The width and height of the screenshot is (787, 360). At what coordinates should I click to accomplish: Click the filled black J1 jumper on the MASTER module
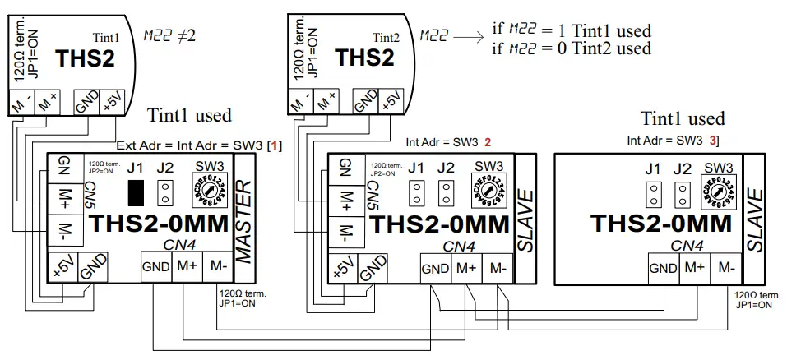pos(137,192)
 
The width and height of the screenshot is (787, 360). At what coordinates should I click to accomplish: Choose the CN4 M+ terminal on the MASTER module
pos(187,267)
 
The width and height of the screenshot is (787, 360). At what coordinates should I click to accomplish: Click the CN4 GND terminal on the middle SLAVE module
pos(436,267)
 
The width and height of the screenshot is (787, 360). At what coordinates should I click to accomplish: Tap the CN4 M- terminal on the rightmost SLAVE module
pos(724,267)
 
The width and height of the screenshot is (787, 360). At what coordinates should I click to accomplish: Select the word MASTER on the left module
pos(244,218)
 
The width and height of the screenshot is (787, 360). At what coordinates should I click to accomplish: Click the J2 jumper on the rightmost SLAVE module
pos(682,195)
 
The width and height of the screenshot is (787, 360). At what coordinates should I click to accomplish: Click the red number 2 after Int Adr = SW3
pos(488,142)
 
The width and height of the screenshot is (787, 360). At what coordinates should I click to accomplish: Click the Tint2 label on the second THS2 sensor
pos(386,37)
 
